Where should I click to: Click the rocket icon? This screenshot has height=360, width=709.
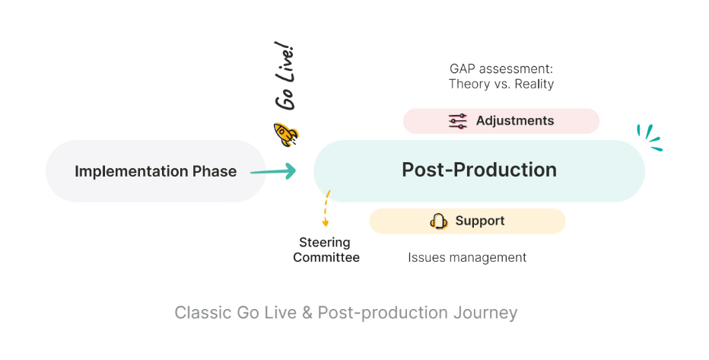coord(286,134)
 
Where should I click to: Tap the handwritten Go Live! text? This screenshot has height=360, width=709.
coord(285,75)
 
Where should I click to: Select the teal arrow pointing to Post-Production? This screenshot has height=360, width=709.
coord(273,171)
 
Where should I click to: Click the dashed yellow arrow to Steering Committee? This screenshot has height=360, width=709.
coord(326,208)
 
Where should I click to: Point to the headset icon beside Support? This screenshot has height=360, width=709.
coord(439,221)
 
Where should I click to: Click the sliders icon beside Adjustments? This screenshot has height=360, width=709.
coord(458,121)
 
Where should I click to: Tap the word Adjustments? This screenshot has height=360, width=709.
coord(515,121)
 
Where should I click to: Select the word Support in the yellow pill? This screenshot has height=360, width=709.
coord(480,221)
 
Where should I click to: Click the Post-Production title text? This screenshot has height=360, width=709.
coord(479,170)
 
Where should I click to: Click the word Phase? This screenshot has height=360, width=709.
coord(215,171)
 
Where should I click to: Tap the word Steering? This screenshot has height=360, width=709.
coord(325,243)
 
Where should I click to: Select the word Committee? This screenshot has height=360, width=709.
coord(326,257)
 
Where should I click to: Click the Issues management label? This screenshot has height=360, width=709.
coord(467,258)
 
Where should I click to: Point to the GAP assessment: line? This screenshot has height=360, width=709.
coord(501,68)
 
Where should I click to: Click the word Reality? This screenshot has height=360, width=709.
coord(535,84)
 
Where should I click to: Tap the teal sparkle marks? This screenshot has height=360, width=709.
coord(650,137)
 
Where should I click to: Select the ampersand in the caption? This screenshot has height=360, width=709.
coord(307,313)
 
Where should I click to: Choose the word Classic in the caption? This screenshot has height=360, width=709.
coord(203,313)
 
